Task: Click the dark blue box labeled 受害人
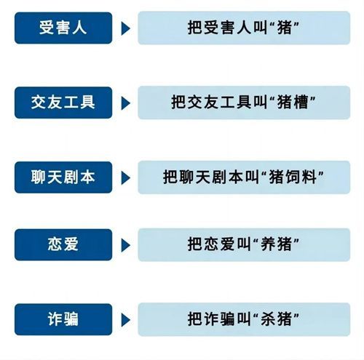(63, 28)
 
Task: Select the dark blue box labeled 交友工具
(63, 103)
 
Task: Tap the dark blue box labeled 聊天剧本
(63, 177)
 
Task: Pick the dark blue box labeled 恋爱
(63, 244)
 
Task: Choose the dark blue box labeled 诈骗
(63, 319)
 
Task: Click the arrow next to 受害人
(125, 28)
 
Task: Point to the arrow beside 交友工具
(125, 103)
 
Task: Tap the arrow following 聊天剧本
(125, 178)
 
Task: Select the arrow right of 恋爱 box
(125, 245)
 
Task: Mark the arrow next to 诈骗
(125, 320)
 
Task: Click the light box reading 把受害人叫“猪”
(244, 28)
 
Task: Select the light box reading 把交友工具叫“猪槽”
(244, 103)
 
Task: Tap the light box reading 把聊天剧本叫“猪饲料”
(244, 177)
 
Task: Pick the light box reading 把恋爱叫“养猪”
(244, 244)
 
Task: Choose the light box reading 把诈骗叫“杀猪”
(244, 319)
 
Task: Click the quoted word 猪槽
(293, 102)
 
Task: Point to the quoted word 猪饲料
(293, 177)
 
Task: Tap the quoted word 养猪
(276, 244)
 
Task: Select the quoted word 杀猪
(276, 319)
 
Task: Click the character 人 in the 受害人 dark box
(79, 28)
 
